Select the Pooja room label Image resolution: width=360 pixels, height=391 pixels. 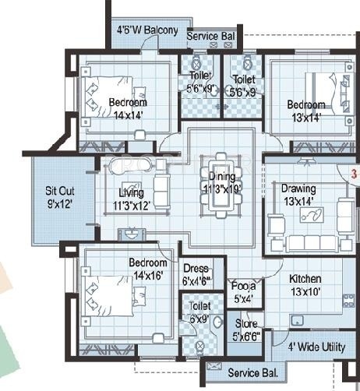coord(240,291)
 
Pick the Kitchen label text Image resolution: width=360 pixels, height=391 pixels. coord(306,278)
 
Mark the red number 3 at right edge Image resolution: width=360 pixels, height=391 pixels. coord(352,176)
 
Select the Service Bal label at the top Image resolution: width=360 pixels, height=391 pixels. coord(212,36)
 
